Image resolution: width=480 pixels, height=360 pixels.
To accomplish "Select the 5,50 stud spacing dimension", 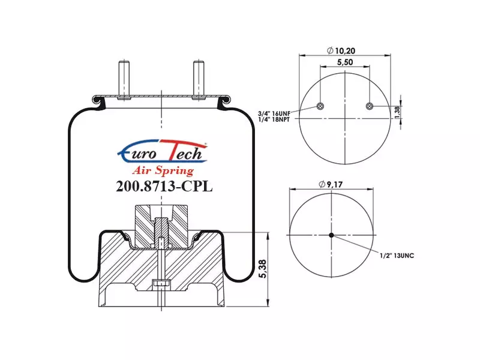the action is [345, 62].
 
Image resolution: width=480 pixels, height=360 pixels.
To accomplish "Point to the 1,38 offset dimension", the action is [397, 112].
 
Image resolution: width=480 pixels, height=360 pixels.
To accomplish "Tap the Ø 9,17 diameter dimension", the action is [331, 184].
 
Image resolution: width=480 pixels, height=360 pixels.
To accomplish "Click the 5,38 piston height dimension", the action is [263, 269].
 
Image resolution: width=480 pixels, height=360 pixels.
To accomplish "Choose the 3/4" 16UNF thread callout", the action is [274, 113].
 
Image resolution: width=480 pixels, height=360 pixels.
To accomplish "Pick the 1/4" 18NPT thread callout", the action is [274, 119].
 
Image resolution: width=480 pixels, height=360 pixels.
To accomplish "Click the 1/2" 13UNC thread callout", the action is [397, 256].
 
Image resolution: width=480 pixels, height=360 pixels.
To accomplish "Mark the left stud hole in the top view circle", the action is [320, 106].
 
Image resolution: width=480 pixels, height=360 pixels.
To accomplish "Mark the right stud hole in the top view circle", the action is [370, 106].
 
